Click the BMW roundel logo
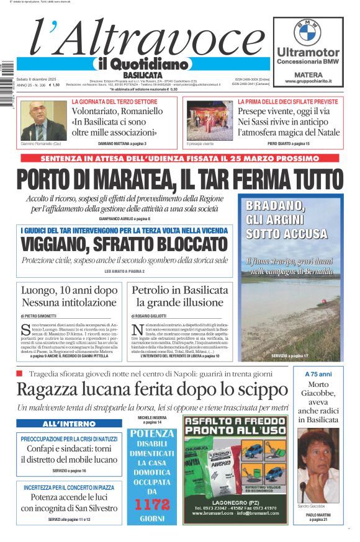tap(307, 31)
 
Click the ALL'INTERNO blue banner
tap(69, 424)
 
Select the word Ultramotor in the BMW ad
tap(308, 53)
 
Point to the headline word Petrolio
tap(154, 290)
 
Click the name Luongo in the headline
tap(41, 290)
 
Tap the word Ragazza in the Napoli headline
tap(48, 389)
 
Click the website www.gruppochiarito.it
tap(308, 81)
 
